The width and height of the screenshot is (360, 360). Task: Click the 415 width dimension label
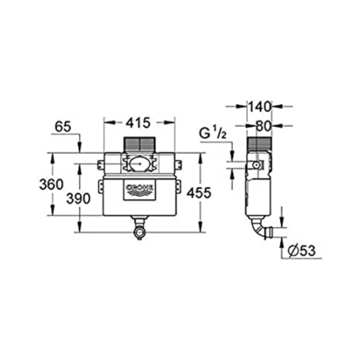pyautogui.click(x=138, y=123)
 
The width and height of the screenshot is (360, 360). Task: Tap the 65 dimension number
pyautogui.click(x=63, y=127)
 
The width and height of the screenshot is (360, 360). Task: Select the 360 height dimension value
pyautogui.click(x=52, y=185)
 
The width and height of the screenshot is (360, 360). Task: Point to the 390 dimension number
pyautogui.click(x=79, y=199)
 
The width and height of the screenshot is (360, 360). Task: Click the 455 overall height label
pyautogui.click(x=199, y=193)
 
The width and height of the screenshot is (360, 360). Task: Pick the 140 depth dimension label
pyautogui.click(x=259, y=107)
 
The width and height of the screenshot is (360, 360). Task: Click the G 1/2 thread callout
pyautogui.click(x=213, y=134)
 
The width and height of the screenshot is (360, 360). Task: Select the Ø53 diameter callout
pyautogui.click(x=302, y=250)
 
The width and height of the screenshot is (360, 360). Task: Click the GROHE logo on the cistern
pyautogui.click(x=140, y=191)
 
